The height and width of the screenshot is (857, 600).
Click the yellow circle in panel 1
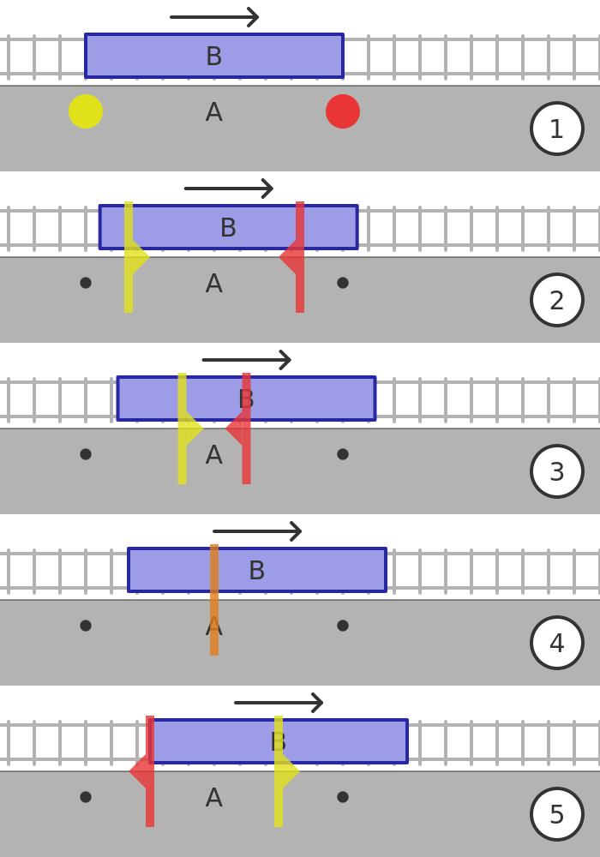(x=86, y=111)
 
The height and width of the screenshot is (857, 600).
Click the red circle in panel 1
(x=343, y=111)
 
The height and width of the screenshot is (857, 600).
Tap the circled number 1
(x=557, y=129)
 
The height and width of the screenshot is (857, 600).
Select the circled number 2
(x=557, y=300)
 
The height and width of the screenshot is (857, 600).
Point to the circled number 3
(x=557, y=471)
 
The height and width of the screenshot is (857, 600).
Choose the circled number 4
(x=557, y=643)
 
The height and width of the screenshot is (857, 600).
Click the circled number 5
(x=557, y=814)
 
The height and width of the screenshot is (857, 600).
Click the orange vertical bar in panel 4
(x=214, y=600)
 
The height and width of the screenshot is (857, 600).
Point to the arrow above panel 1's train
(x=214, y=17)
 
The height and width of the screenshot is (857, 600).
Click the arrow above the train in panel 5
(x=279, y=703)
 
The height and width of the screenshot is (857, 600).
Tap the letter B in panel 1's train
(x=214, y=57)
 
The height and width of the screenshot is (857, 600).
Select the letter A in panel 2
(x=214, y=284)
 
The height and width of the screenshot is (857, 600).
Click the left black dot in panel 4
(x=86, y=626)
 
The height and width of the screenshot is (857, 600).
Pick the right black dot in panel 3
(x=343, y=454)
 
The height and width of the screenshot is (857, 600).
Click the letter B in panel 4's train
(x=256, y=571)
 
